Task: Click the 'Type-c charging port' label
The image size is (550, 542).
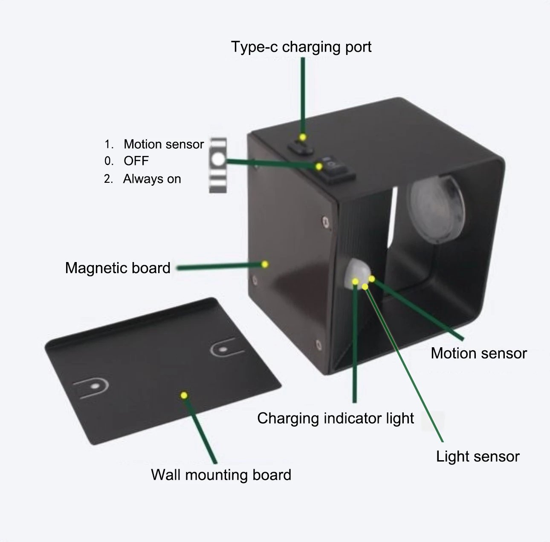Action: pos(301,46)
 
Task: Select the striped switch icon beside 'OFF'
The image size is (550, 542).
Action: pos(218,165)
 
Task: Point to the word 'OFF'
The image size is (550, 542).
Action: pos(136,161)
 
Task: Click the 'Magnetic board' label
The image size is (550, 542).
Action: pos(118,268)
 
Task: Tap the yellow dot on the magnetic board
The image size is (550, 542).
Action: pos(265,264)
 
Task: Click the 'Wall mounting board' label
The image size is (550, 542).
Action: pos(221,474)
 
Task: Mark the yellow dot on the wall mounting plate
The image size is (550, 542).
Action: pos(184,395)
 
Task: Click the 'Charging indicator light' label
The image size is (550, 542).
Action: pos(336,418)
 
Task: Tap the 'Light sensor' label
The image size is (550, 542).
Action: pos(478,456)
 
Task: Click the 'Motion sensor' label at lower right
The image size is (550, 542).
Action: pos(478,353)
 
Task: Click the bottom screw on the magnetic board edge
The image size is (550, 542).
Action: pos(317,343)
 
